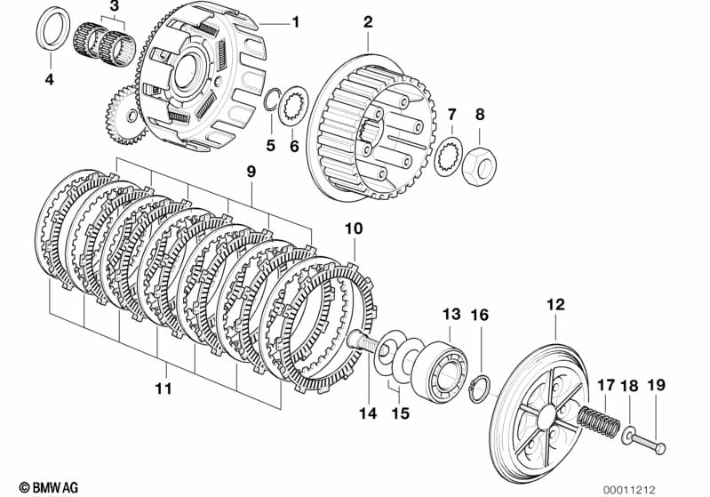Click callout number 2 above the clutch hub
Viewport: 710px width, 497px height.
[368, 21]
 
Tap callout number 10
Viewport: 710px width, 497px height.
[354, 229]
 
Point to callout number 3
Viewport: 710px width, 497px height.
[113, 8]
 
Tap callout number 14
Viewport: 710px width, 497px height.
[368, 413]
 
